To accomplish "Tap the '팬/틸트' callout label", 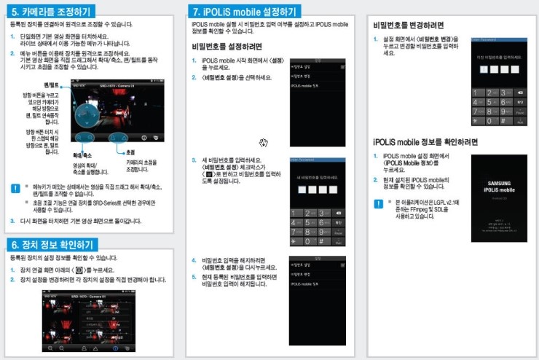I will (x=51, y=85).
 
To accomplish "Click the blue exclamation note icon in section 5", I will (x=15, y=187).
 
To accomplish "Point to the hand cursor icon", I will (x=264, y=142).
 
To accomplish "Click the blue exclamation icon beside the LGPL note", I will (x=378, y=203).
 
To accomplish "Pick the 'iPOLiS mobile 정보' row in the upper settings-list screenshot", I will (x=304, y=85).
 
